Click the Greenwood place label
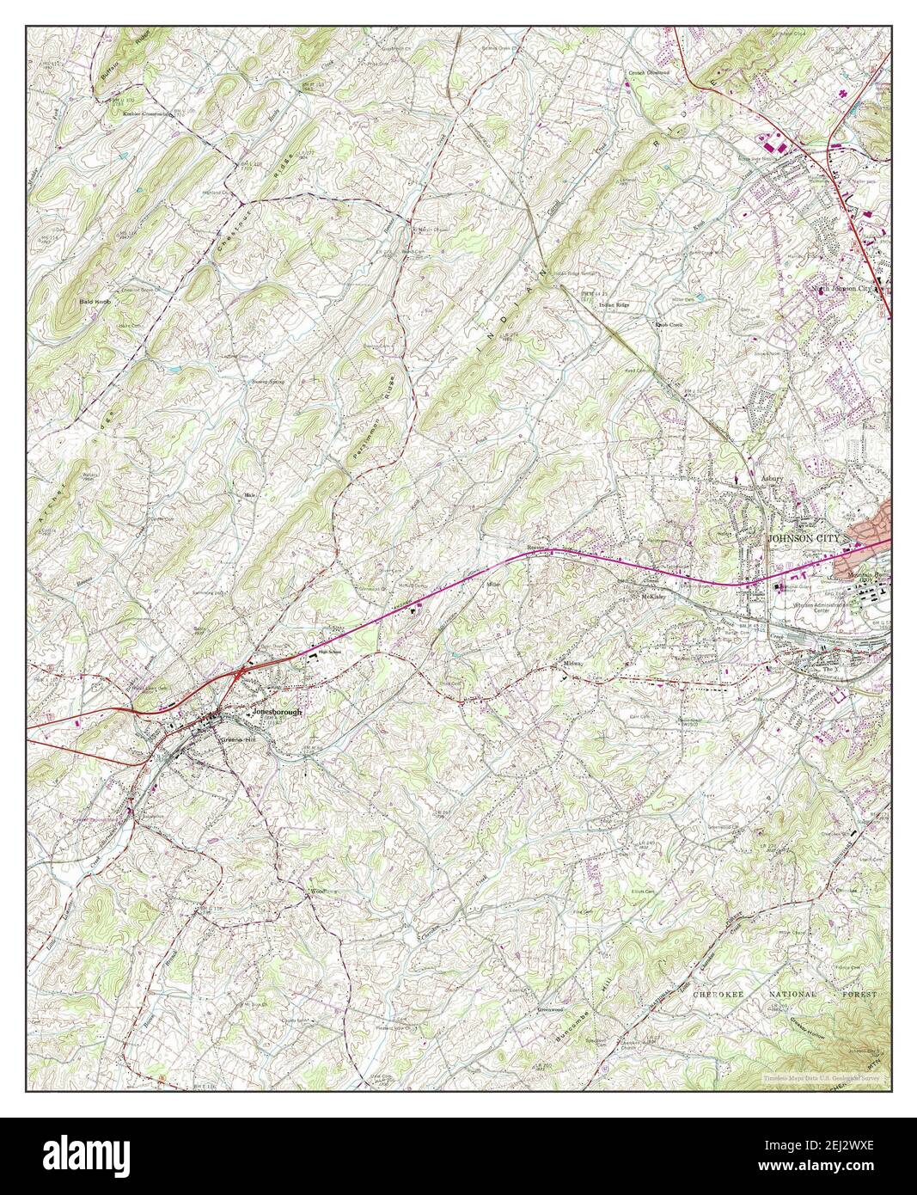pos(550,1009)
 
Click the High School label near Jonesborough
pos(331,653)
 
